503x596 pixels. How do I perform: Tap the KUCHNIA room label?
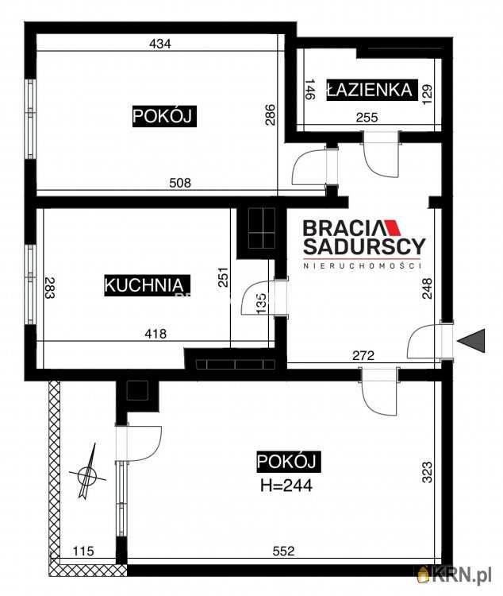click(x=147, y=285)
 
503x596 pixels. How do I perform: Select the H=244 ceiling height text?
click(x=286, y=486)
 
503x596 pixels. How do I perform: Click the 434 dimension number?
click(x=160, y=44)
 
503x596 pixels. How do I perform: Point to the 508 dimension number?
click(x=180, y=183)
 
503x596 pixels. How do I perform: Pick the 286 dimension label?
click(x=270, y=114)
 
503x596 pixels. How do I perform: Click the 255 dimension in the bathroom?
click(x=367, y=118)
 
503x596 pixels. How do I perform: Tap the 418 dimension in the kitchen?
click(x=156, y=334)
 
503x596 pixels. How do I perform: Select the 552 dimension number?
click(x=283, y=551)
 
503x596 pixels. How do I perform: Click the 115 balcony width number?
click(x=83, y=551)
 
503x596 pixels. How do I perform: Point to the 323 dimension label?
click(x=428, y=472)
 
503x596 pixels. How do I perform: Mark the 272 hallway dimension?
click(x=363, y=355)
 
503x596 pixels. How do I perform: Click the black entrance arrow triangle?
click(x=471, y=341)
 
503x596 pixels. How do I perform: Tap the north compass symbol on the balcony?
click(x=88, y=471)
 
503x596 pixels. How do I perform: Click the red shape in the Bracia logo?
click(x=393, y=228)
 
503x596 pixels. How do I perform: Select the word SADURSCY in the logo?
click(x=364, y=246)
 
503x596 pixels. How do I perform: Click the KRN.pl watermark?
click(x=455, y=574)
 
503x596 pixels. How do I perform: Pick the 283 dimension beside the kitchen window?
click(x=50, y=288)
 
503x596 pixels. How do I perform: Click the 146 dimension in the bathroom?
click(x=310, y=89)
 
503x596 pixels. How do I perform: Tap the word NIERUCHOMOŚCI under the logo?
click(x=362, y=265)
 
